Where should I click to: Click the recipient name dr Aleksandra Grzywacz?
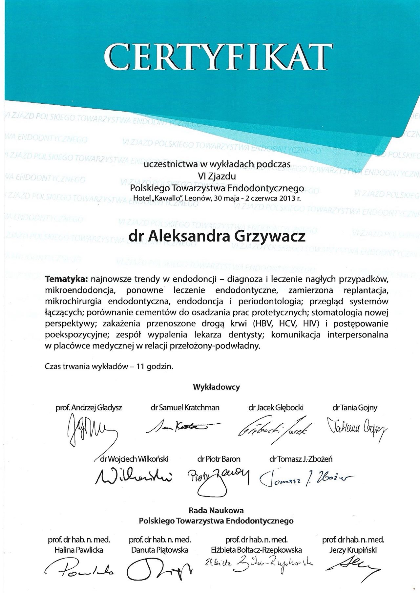tap(217, 237)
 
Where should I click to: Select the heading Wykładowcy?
tap(217, 387)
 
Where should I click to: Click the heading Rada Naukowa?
tap(216, 510)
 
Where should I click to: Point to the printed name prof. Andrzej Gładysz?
tap(89, 408)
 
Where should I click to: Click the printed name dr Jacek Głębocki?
tap(276, 408)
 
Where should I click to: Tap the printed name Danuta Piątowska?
tap(160, 550)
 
